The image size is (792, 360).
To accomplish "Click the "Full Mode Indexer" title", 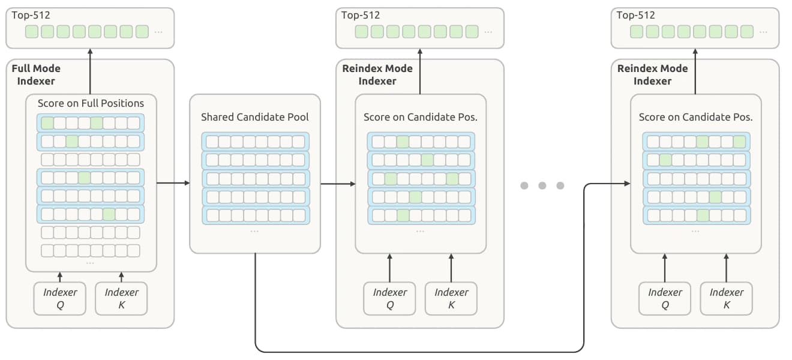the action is pyautogui.click(x=36, y=74).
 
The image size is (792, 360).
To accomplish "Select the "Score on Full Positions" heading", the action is pyautogui.click(x=91, y=103).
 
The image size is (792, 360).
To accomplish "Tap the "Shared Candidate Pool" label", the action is pyautogui.click(x=254, y=117).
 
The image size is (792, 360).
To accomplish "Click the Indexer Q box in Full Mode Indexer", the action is pyautogui.click(x=60, y=298).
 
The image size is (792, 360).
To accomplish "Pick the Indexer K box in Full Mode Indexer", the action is pyautogui.click(x=121, y=298).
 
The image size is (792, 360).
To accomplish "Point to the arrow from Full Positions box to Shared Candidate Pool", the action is pyautogui.click(x=173, y=183).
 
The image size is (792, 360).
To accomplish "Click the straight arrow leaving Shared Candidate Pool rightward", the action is pyautogui.click(x=338, y=184).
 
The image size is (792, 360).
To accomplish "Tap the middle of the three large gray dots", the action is pyautogui.click(x=542, y=185).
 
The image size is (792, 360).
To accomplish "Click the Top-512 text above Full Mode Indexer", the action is pyautogui.click(x=31, y=15).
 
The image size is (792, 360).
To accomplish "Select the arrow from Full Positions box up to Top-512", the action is pyautogui.click(x=90, y=71).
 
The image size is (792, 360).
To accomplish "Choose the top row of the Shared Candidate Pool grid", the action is pyautogui.click(x=255, y=142).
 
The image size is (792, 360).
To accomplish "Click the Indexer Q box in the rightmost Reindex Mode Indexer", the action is pyautogui.click(x=665, y=298).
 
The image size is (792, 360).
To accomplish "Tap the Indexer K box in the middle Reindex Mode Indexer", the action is pyautogui.click(x=451, y=298).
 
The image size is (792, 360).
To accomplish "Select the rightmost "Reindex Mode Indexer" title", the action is pyautogui.click(x=652, y=74).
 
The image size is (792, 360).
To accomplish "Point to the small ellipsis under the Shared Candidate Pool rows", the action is pyautogui.click(x=254, y=232).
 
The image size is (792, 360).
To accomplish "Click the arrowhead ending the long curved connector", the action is pyautogui.click(x=628, y=184).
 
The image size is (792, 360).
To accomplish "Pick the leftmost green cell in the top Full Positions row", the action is pyautogui.click(x=47, y=123).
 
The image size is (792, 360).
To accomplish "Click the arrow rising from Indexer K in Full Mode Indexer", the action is pyautogui.click(x=121, y=277).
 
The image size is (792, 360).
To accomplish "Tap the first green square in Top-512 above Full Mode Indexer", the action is pyautogui.click(x=32, y=32).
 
